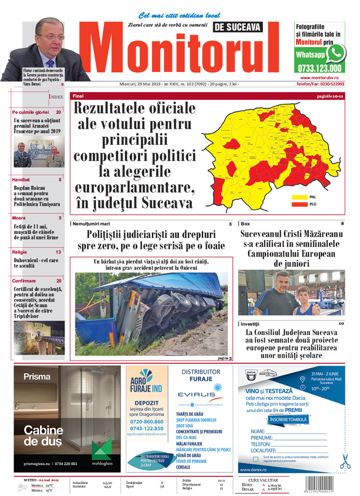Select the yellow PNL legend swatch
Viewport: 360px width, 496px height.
299,197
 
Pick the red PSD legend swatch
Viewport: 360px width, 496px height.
299,203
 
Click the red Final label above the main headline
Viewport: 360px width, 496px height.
78,96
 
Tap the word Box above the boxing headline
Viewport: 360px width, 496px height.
245,224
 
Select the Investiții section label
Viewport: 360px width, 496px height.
251,323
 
